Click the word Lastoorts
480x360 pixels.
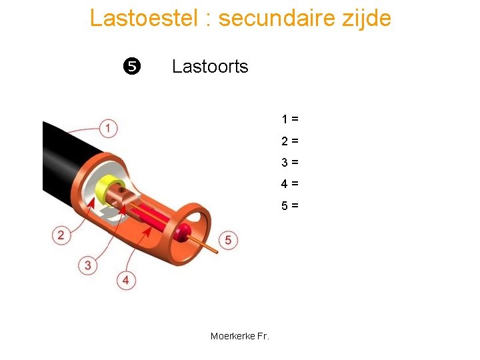(x=210, y=67)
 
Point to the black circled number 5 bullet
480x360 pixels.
(x=131, y=66)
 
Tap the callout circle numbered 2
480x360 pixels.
(x=61, y=235)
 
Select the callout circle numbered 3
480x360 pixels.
(x=88, y=265)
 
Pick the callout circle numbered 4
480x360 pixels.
(x=126, y=280)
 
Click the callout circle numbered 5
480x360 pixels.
(x=228, y=240)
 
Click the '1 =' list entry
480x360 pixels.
(x=289, y=119)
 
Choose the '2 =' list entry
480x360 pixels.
(x=289, y=141)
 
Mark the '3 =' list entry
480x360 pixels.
(x=289, y=162)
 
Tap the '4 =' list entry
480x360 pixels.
(x=289, y=183)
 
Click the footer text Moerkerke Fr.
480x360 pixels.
(x=239, y=336)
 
